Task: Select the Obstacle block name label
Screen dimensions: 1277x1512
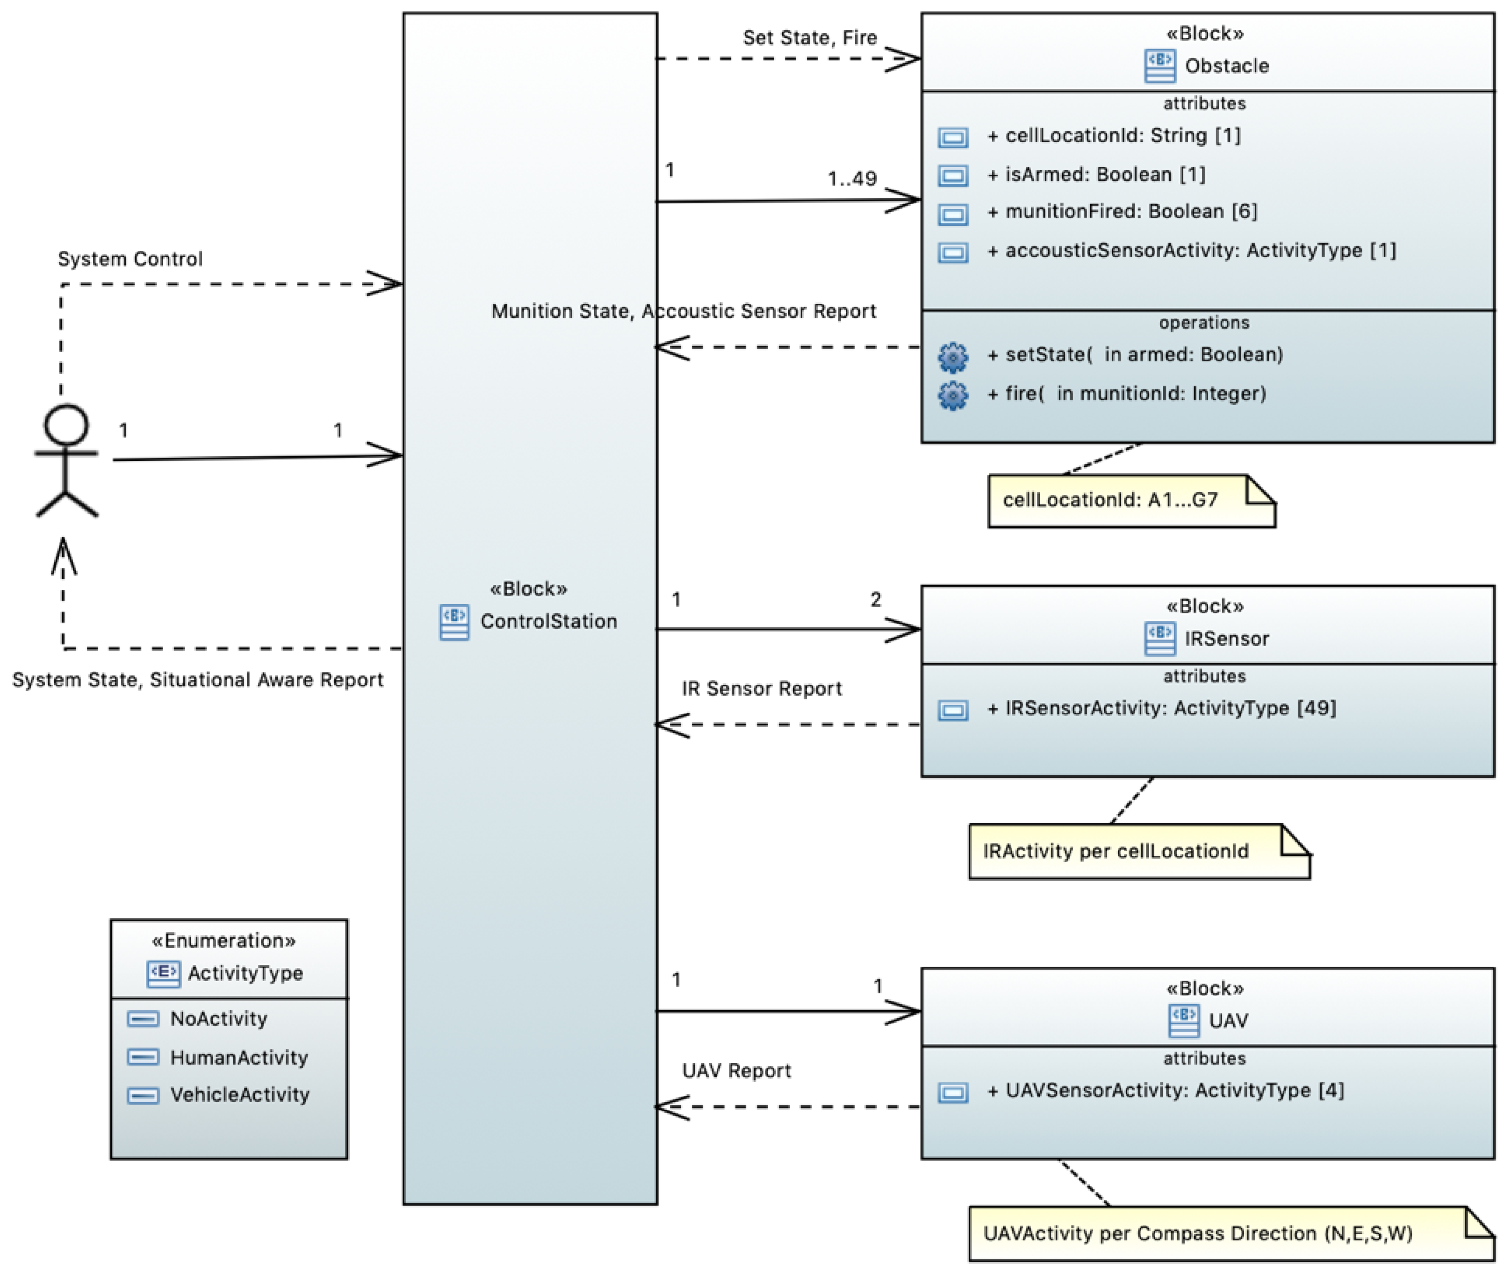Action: [1227, 66]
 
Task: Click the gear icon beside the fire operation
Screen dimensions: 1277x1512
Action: [953, 395]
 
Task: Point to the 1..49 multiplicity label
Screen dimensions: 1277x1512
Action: [852, 179]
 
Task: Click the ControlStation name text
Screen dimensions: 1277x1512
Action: [549, 621]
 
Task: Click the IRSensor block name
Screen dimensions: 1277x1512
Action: [1227, 639]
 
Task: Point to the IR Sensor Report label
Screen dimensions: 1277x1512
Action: [762, 688]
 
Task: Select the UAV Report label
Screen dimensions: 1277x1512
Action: [736, 1071]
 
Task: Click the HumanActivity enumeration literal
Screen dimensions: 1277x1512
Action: [239, 1058]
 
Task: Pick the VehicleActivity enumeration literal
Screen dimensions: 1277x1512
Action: [240, 1095]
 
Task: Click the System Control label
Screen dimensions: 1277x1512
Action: [130, 259]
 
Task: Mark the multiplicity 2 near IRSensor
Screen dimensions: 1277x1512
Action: [876, 599]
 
